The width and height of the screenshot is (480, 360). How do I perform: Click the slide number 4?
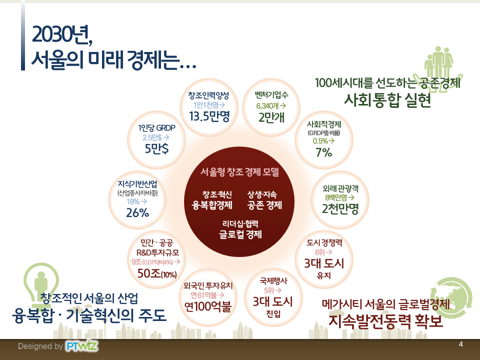(460, 344)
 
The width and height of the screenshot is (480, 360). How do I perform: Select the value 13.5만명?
(209, 116)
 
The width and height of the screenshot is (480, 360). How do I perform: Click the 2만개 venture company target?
(271, 117)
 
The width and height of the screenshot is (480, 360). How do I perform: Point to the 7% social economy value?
(324, 152)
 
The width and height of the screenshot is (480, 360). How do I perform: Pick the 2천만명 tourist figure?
(340, 209)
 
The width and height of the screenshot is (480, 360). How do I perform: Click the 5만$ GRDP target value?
(156, 149)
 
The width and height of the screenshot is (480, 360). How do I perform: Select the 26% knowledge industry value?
(137, 213)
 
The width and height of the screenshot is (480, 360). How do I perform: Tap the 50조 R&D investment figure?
(157, 273)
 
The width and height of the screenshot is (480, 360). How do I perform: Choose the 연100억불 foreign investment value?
(208, 306)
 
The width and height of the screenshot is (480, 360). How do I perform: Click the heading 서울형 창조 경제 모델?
(239, 172)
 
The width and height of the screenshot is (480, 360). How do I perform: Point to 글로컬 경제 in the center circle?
(240, 235)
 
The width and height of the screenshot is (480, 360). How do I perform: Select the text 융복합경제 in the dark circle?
(212, 205)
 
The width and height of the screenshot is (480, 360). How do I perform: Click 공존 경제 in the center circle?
(264, 205)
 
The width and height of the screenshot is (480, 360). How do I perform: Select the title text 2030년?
(62, 34)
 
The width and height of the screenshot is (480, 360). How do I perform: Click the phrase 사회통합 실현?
(387, 100)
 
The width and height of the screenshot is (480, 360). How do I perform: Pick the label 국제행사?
(273, 280)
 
